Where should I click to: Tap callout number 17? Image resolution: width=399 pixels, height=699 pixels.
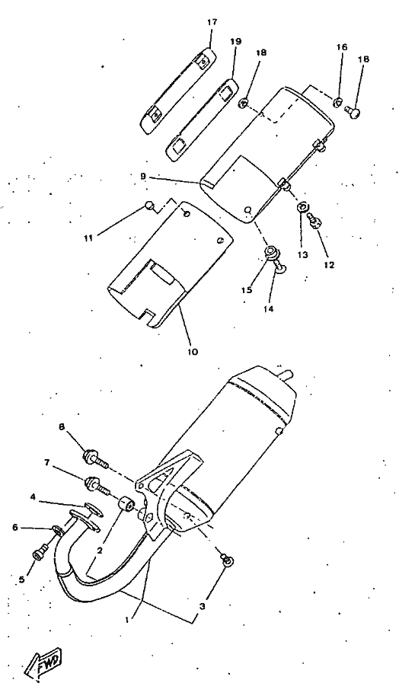[x=212, y=22]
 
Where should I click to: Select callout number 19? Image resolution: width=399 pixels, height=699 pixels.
[x=236, y=41]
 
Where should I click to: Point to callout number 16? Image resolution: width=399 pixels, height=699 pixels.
[x=341, y=46]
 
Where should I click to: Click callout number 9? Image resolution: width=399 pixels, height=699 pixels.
[x=142, y=176]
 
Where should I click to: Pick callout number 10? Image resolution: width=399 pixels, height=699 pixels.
[x=193, y=352]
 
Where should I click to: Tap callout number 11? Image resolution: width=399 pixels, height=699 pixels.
[x=88, y=238]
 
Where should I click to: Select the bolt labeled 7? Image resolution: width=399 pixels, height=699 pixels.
[x=97, y=486]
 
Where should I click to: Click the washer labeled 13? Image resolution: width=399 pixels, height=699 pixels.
[x=302, y=207]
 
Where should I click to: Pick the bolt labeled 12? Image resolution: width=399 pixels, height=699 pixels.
[x=315, y=220]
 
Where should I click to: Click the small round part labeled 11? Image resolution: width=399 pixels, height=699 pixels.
[x=150, y=206]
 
